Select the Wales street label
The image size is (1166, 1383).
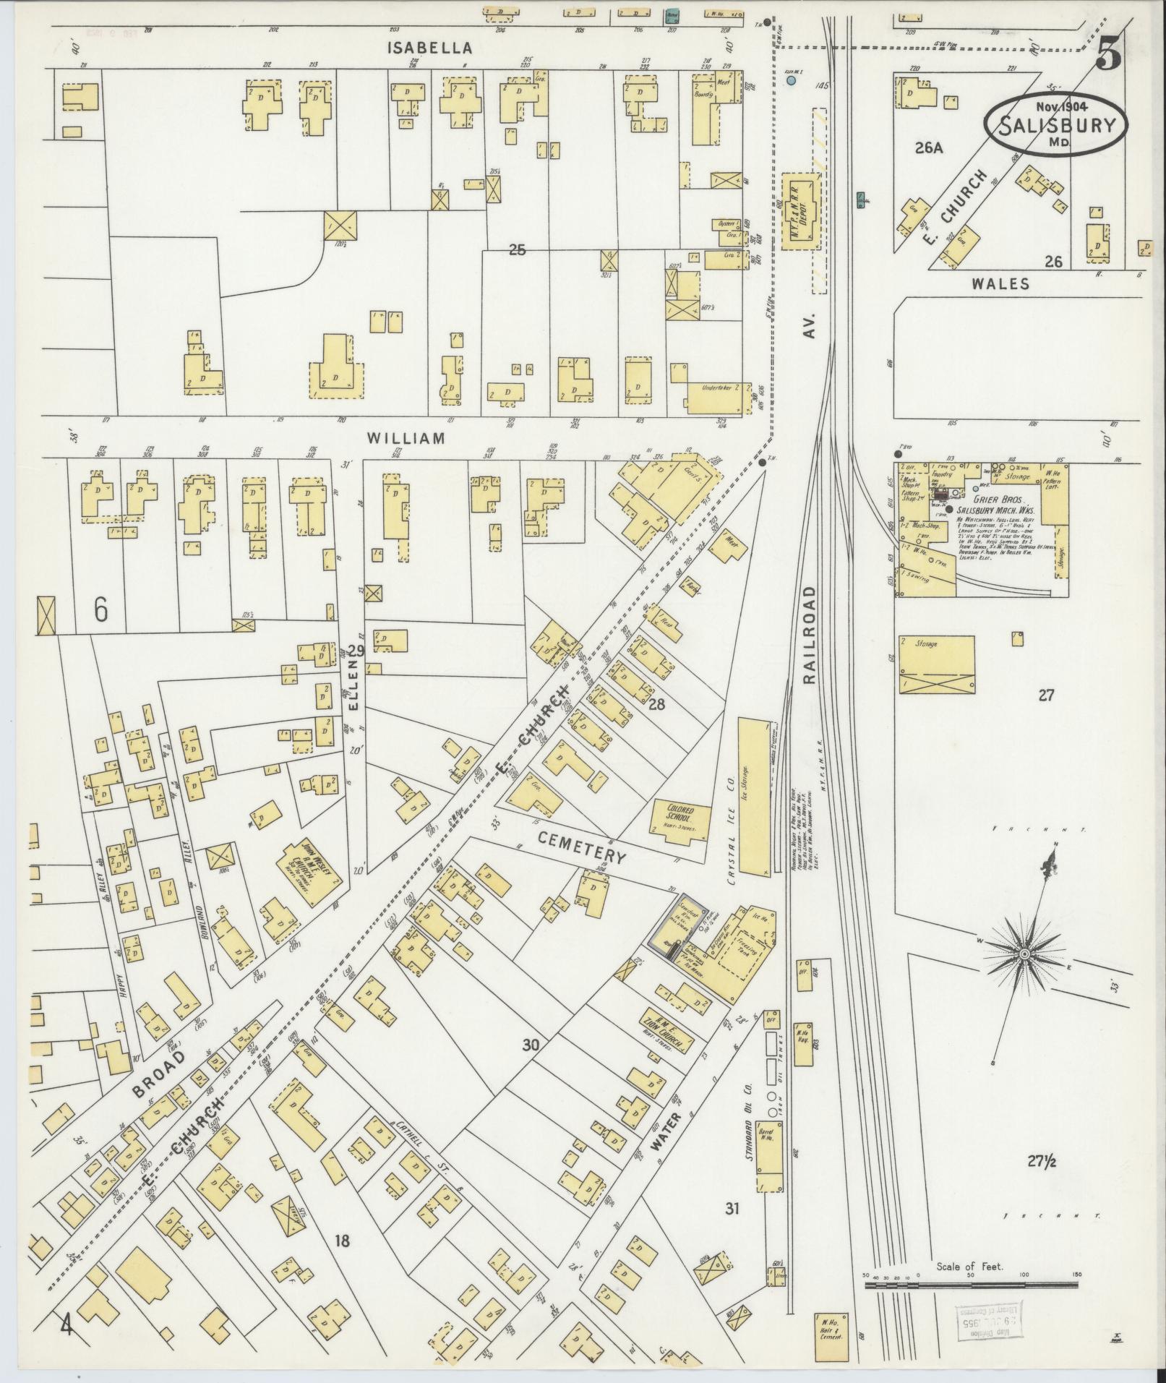tap(1000, 283)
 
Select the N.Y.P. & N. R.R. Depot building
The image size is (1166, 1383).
tap(801, 210)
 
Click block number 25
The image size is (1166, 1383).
tap(517, 250)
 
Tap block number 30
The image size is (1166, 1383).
tap(531, 1044)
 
